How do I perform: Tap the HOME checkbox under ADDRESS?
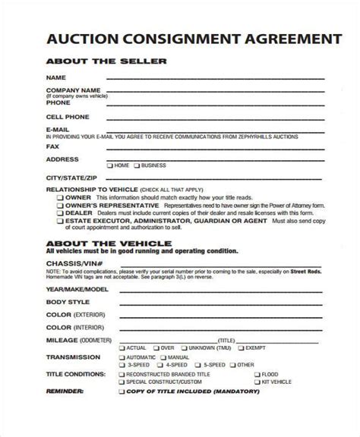110,165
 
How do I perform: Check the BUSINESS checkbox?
138,165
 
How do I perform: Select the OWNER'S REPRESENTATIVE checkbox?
60,206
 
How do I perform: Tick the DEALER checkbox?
60,213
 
